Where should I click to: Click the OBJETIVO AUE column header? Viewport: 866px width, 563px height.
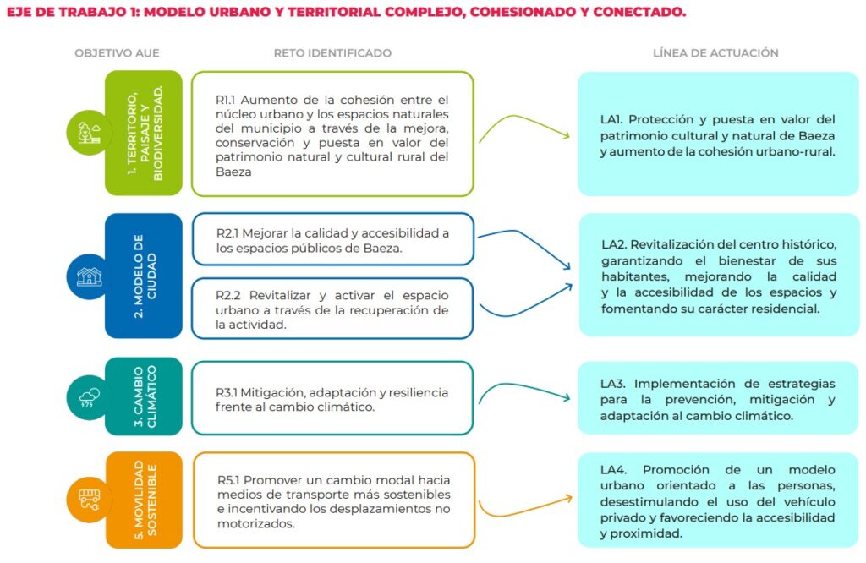click(x=117, y=53)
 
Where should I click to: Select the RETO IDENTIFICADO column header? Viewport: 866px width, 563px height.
click(x=332, y=53)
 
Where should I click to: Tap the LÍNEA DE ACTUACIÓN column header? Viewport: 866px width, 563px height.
click(x=715, y=53)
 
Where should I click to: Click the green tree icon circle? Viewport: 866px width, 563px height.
click(x=88, y=133)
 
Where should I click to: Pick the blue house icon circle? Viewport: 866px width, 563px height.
click(x=88, y=276)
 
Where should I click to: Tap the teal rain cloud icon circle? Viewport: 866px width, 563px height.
click(x=88, y=396)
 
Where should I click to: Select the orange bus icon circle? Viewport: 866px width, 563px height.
click(x=88, y=500)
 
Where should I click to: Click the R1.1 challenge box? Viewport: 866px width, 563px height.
click(x=332, y=134)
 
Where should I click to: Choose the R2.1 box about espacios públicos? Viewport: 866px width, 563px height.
click(x=332, y=239)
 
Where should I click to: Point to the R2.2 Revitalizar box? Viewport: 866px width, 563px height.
click(x=332, y=309)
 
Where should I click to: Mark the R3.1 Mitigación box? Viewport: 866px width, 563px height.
click(x=332, y=398)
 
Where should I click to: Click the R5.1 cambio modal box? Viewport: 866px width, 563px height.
click(x=334, y=500)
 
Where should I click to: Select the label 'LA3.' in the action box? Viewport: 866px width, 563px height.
click(x=612, y=384)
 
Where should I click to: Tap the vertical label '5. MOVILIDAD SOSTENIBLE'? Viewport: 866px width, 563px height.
click(x=145, y=500)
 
